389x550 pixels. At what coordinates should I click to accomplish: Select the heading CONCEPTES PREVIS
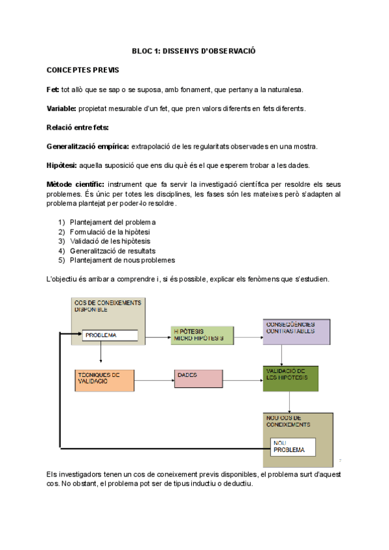click(x=82, y=69)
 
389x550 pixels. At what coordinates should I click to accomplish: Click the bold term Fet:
click(x=53, y=89)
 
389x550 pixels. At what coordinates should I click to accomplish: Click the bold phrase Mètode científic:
click(x=75, y=185)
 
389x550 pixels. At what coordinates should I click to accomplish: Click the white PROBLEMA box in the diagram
click(x=109, y=335)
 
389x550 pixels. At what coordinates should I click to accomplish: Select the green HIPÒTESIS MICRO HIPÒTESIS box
click(x=201, y=335)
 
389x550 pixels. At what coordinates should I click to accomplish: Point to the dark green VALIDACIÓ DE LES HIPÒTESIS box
click(x=291, y=378)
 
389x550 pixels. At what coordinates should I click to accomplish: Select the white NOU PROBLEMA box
click(x=292, y=446)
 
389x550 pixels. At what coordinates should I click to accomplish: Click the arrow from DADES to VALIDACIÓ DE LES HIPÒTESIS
click(x=239, y=376)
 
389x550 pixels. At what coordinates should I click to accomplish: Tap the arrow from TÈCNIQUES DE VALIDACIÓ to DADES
click(x=154, y=376)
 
